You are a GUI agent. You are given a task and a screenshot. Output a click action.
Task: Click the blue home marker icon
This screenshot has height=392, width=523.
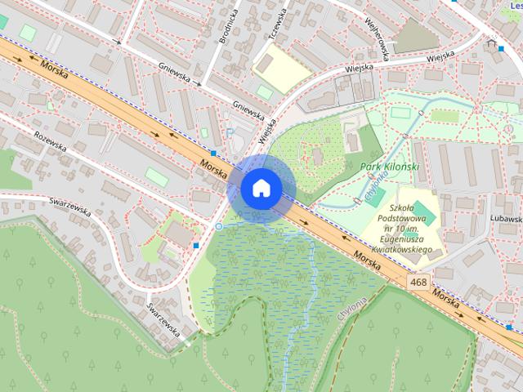pos(261,188)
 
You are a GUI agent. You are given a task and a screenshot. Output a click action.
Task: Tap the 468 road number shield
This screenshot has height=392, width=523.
pos(418,282)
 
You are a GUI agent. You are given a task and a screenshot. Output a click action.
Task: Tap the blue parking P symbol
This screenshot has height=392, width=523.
pos(230,132)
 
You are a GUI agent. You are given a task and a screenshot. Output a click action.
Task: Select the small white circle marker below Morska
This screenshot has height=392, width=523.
pos(218,226)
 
